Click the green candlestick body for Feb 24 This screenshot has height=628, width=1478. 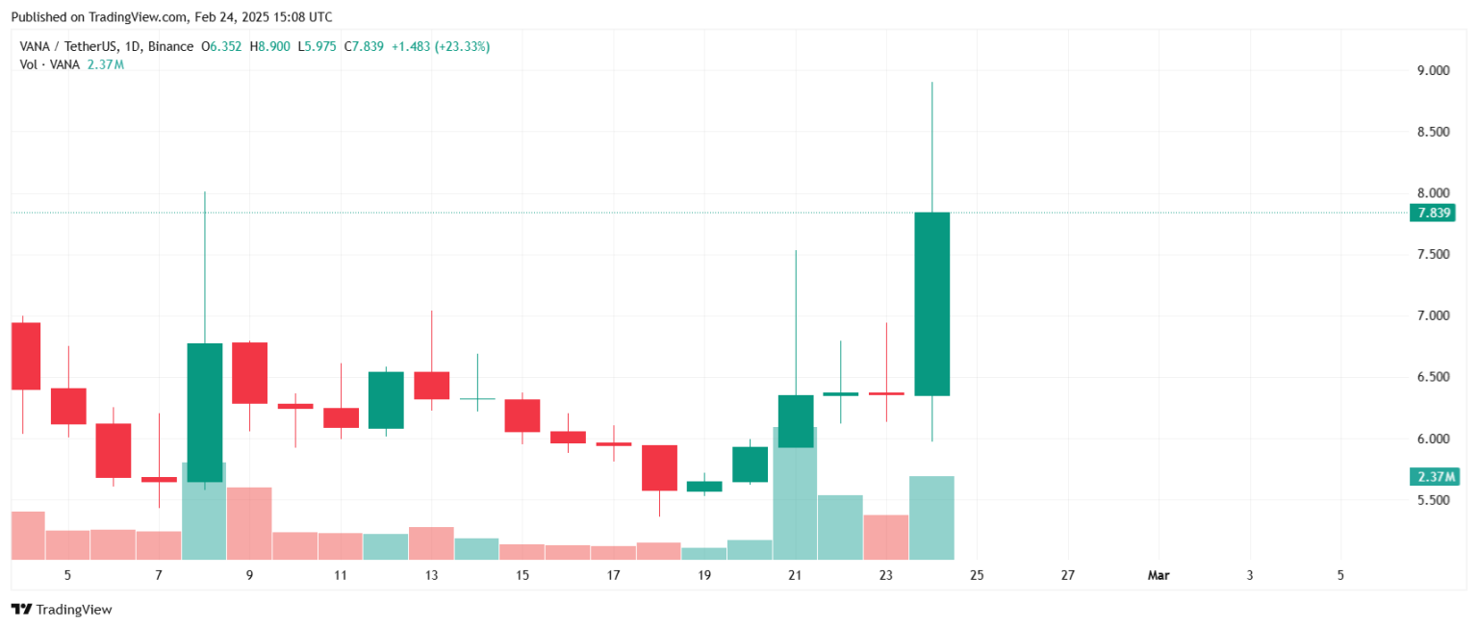point(931,304)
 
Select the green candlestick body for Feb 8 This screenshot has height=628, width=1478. point(204,412)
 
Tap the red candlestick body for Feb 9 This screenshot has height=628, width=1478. point(249,372)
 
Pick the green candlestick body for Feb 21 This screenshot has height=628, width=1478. point(796,421)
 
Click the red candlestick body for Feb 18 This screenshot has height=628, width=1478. point(659,467)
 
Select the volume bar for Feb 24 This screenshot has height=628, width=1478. point(931,517)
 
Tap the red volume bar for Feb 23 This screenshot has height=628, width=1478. point(886,537)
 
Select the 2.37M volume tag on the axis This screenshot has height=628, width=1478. point(1434,477)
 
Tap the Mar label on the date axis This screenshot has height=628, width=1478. point(1159,575)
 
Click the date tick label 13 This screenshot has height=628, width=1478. point(431,575)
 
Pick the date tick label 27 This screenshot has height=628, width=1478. point(1068,575)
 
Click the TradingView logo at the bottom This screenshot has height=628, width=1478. point(62,610)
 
